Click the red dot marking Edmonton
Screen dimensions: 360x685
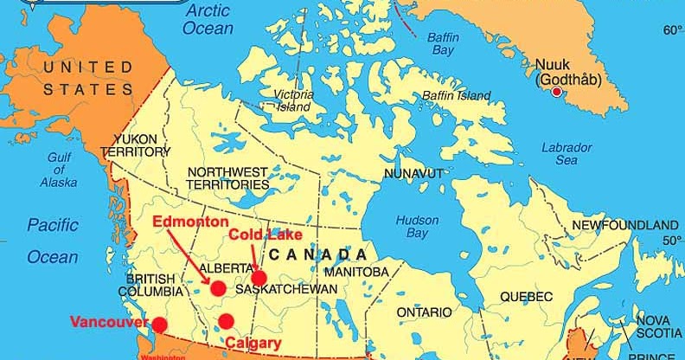218,288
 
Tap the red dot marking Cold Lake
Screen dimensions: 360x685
259,278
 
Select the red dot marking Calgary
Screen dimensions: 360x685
226,322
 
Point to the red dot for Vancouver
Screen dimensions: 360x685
159,325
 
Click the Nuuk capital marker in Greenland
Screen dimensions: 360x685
556,92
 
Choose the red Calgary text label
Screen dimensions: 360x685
253,344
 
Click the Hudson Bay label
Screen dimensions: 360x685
417,227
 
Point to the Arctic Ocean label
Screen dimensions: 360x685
208,19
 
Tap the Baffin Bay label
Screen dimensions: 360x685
443,43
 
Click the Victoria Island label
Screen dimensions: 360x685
292,100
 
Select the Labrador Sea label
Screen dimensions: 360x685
567,154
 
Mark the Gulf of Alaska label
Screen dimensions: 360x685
58,170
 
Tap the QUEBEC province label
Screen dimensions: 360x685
527,297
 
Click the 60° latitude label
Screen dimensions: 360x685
672,30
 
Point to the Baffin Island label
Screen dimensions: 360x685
457,96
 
